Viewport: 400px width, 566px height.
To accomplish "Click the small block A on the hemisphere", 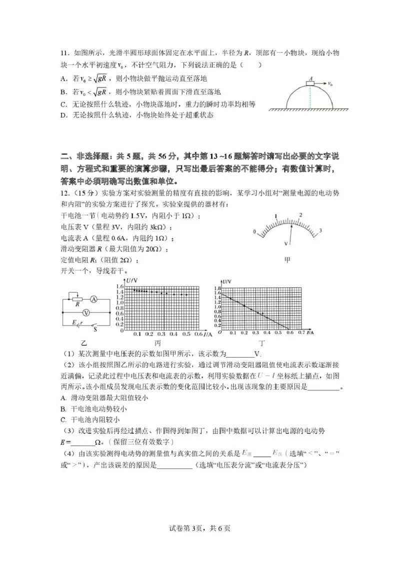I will [x=311, y=84].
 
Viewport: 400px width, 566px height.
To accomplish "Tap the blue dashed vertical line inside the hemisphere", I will [x=310, y=98].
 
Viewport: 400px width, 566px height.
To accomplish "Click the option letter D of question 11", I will [x=63, y=115].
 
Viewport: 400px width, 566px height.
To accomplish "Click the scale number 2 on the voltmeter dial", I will [x=300, y=215].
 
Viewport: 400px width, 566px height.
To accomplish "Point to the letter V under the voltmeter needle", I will [x=285, y=244].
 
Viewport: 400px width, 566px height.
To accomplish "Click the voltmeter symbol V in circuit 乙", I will [x=85, y=312].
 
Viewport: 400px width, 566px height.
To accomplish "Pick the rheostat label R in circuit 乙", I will [x=78, y=303].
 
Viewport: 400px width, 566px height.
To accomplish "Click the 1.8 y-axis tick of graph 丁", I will [x=217, y=289].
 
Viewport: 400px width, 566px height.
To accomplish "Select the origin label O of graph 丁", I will [x=218, y=332].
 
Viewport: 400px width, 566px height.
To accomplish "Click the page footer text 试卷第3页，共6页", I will [x=200, y=528].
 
